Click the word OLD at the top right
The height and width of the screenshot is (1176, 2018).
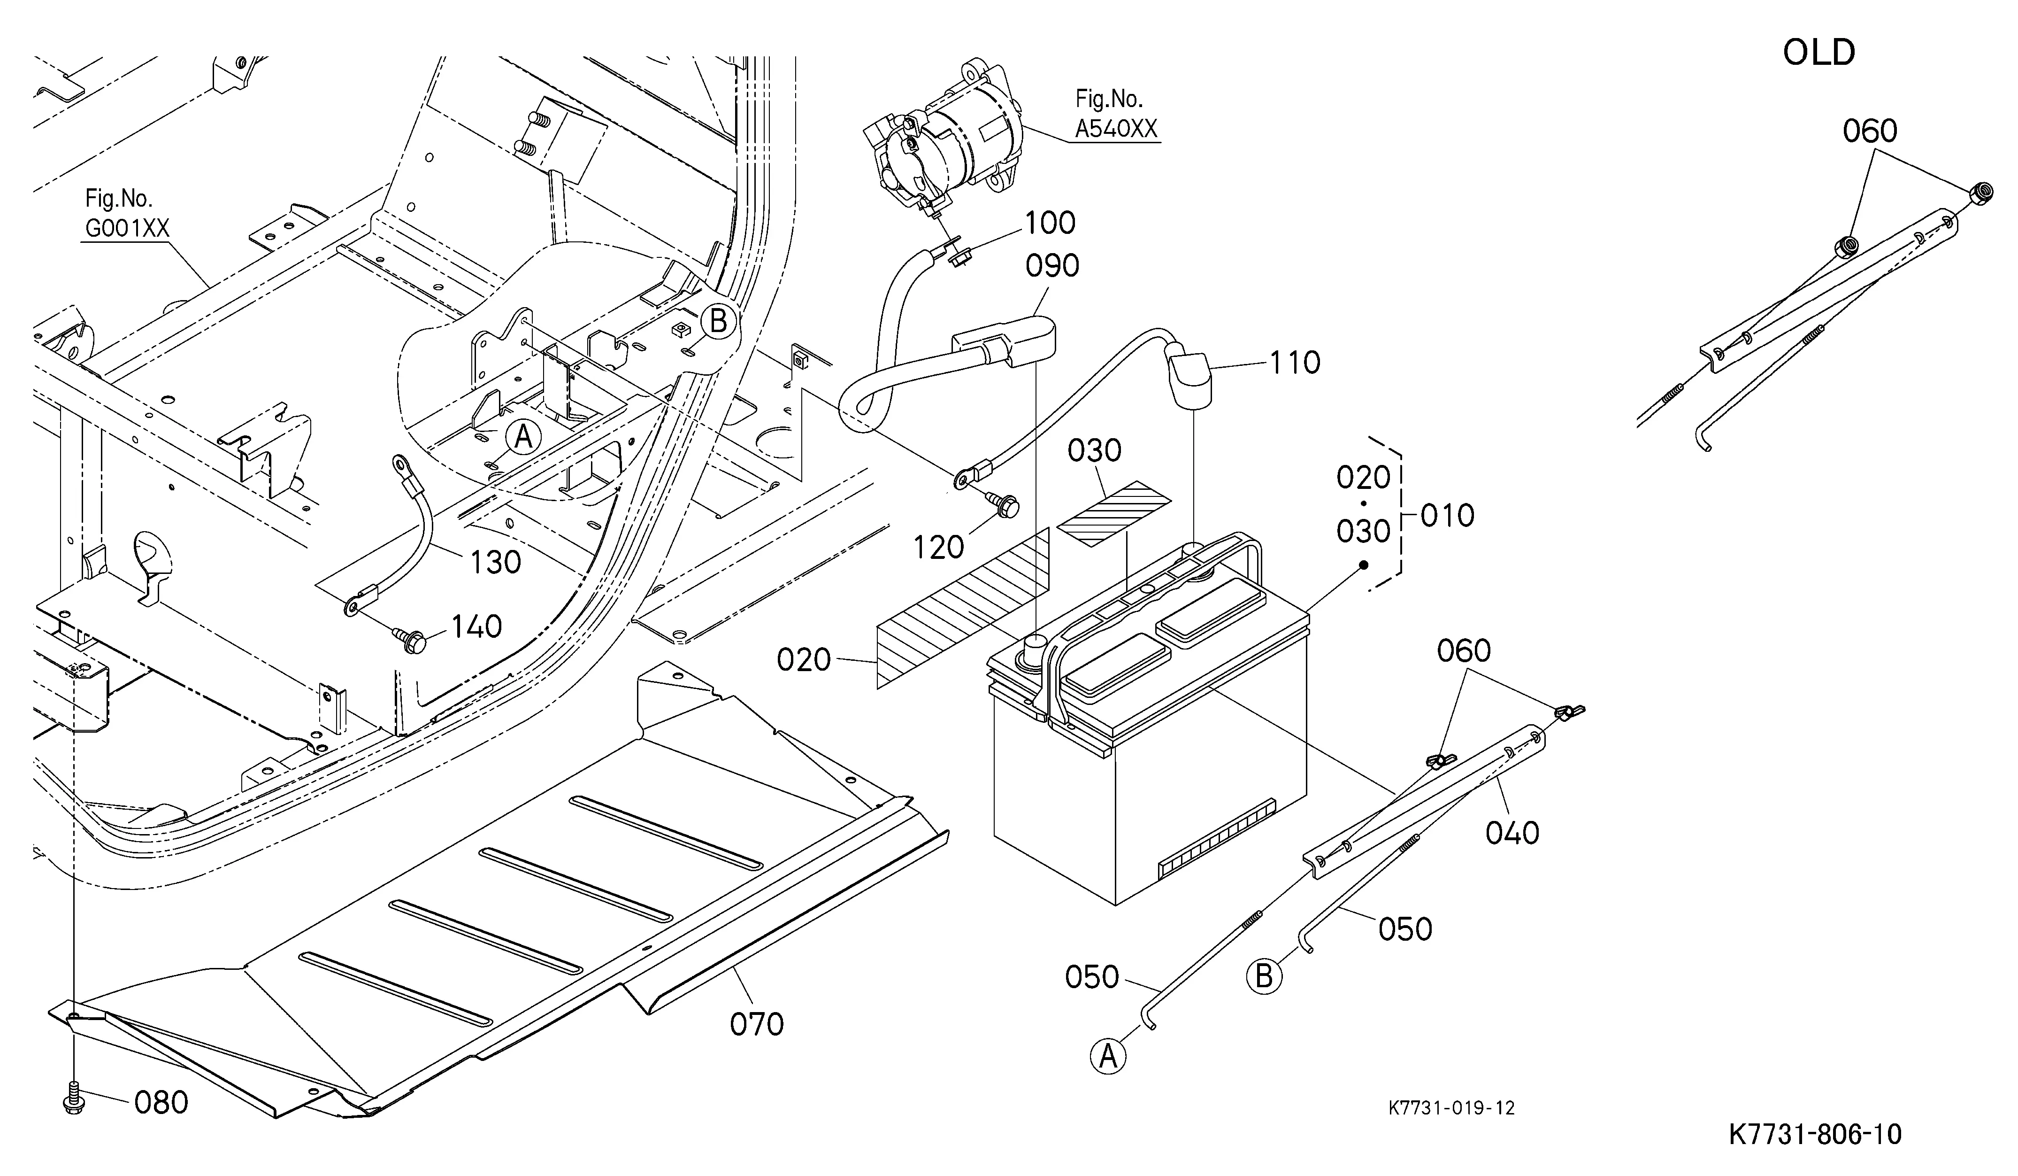[1819, 53]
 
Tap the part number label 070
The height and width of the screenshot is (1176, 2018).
[757, 1024]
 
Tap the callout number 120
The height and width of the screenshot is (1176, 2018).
[938, 548]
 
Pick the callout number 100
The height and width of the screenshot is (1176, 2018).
[1051, 223]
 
